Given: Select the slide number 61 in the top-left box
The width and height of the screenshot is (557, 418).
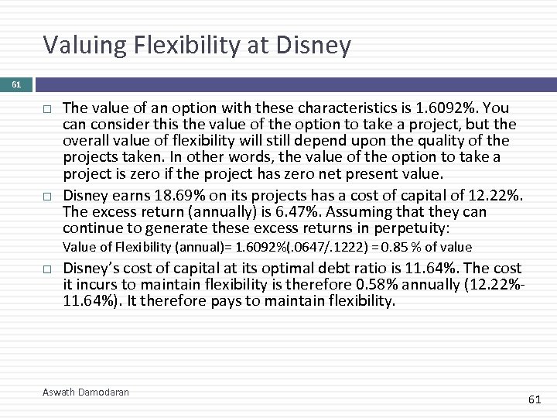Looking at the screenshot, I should [x=16, y=84].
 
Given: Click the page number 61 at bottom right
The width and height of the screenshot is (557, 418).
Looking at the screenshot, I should [x=534, y=399].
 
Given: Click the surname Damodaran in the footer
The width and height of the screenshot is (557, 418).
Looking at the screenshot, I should [x=104, y=392].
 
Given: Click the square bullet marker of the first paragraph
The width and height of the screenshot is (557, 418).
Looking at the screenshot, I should [x=47, y=108].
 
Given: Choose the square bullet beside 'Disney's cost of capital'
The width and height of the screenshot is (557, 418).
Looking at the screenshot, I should [x=47, y=269].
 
